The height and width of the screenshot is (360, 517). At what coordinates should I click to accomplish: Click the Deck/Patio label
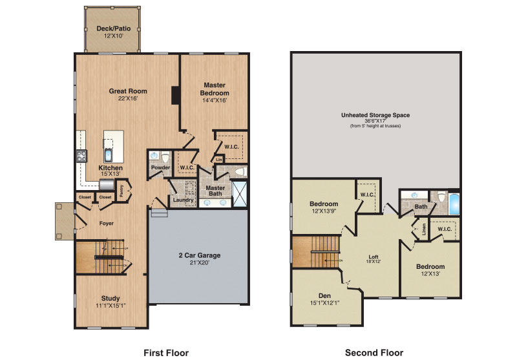114,28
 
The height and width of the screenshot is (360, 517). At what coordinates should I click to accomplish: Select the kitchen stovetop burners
82,156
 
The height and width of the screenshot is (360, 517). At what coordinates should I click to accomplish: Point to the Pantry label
121,191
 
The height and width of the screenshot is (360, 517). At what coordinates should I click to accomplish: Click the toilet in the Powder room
165,158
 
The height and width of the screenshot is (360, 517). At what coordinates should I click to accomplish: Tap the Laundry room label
183,200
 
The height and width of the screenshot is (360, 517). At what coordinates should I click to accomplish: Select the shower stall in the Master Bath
240,194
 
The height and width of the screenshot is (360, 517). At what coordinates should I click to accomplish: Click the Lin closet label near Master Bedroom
219,160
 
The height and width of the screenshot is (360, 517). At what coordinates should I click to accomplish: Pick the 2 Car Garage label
200,255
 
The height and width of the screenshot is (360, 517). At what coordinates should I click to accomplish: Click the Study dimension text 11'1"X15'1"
111,306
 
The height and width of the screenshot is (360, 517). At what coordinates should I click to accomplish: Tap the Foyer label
107,223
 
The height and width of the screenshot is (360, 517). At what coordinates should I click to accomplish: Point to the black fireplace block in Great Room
175,95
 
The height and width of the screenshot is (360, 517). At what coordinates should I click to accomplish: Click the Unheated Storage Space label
375,115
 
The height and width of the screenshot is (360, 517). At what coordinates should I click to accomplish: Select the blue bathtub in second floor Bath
454,204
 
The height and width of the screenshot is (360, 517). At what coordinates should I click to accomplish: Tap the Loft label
374,257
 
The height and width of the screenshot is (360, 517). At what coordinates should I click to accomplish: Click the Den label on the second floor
324,296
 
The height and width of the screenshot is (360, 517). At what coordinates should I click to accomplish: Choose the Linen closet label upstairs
424,230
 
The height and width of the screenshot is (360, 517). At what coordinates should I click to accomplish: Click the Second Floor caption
374,353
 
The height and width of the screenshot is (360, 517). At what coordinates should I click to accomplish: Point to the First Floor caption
166,353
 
